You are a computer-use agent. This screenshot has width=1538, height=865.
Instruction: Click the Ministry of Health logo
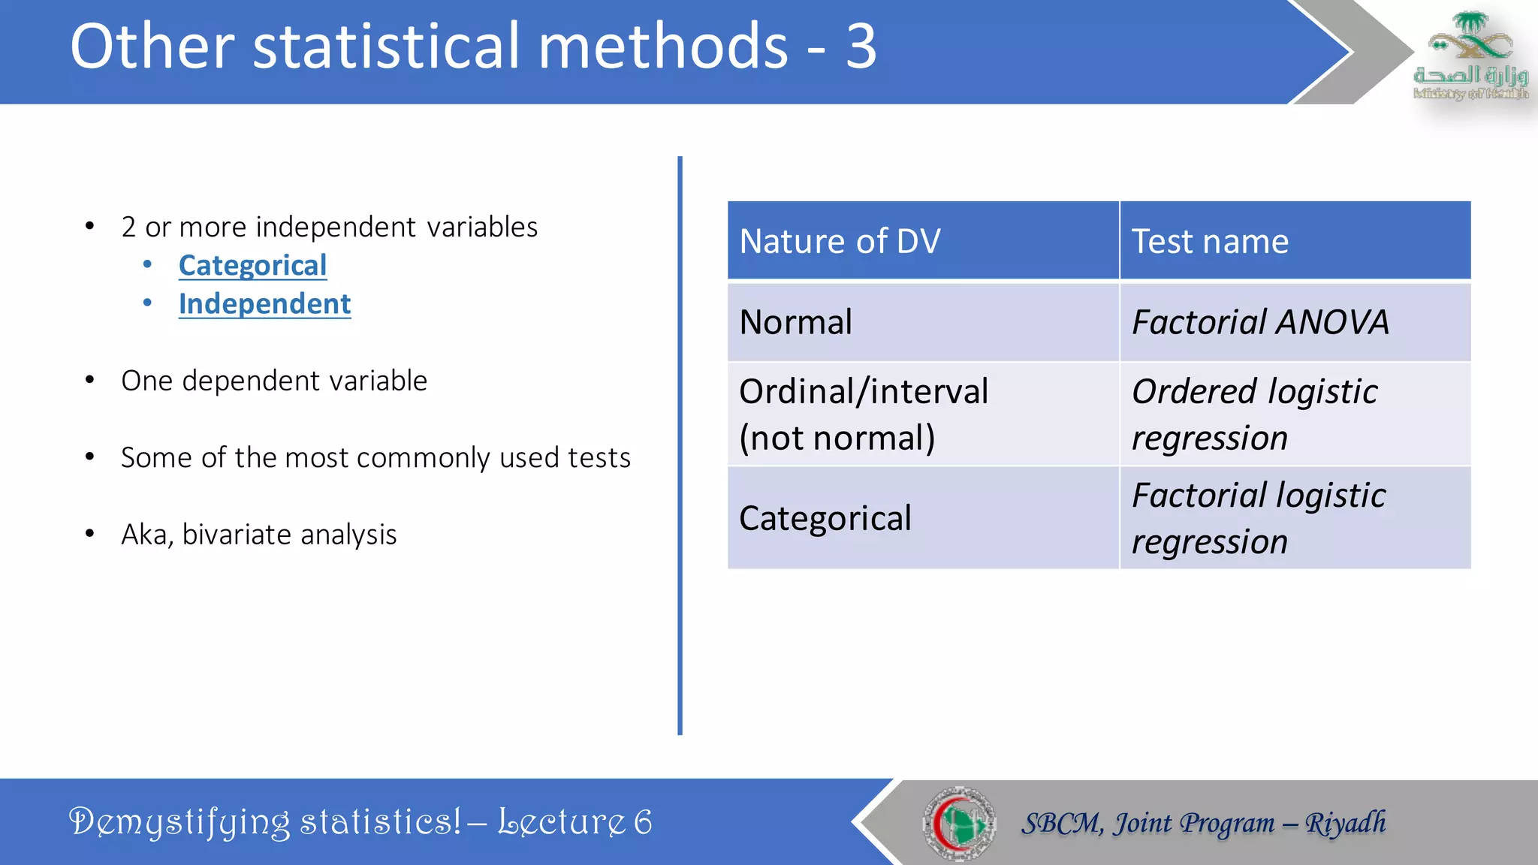click(x=1470, y=56)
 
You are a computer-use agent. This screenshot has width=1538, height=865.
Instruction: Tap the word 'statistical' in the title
click(x=394, y=47)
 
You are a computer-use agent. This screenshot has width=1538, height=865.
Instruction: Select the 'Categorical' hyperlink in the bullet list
click(x=252, y=266)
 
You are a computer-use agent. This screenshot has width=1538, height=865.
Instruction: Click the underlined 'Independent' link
click(x=264, y=304)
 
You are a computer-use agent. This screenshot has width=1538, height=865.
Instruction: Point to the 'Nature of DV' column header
click(x=840, y=242)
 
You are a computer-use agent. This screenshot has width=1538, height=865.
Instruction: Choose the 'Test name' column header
click(x=1210, y=242)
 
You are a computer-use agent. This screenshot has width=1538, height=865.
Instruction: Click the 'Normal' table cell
click(x=796, y=322)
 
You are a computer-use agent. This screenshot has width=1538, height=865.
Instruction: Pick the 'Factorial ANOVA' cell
click(x=1260, y=322)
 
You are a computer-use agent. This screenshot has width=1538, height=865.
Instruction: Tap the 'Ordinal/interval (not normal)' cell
click(x=864, y=414)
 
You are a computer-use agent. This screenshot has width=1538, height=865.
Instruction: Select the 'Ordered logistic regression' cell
click(x=1254, y=414)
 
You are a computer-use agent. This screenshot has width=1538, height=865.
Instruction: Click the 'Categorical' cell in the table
click(x=825, y=518)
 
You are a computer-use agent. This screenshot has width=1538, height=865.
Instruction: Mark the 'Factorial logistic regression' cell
click(x=1259, y=518)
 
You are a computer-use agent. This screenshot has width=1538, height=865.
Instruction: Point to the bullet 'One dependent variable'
click(x=274, y=381)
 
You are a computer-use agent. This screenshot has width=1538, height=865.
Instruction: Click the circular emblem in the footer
click(x=959, y=823)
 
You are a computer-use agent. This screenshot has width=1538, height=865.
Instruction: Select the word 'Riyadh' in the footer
click(x=1345, y=823)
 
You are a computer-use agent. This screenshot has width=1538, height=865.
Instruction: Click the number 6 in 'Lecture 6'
click(x=643, y=822)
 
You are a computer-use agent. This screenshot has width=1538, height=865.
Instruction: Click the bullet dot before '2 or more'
click(x=90, y=226)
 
